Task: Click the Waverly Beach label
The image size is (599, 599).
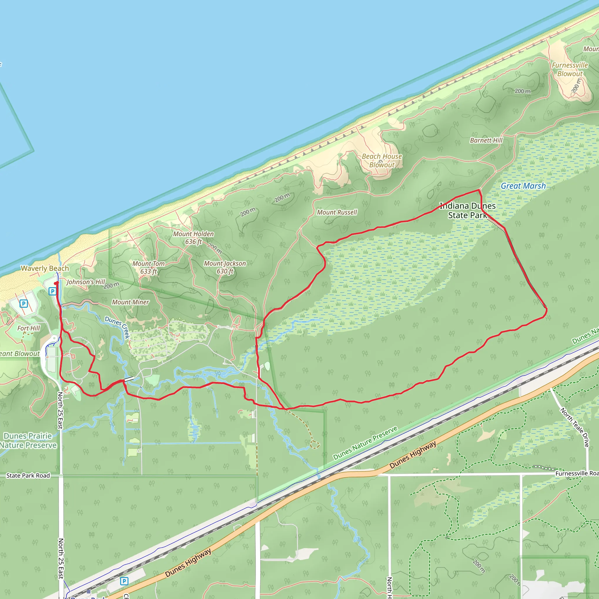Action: [45, 268]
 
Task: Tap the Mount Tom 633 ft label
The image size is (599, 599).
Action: [149, 267]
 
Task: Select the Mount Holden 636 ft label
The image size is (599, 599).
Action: [193, 238]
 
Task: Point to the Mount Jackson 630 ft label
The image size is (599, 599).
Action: [225, 267]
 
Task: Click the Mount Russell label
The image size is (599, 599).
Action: [337, 212]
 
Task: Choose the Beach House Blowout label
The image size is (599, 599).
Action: [382, 161]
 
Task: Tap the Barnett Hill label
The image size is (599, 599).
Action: [486, 140]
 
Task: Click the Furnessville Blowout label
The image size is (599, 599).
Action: [570, 69]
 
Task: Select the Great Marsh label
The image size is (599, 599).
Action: [523, 186]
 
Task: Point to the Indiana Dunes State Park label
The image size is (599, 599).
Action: [468, 211]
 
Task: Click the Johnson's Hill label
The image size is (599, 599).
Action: [86, 282]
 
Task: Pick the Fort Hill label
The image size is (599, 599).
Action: [29, 328]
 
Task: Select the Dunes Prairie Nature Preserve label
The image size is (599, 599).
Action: [28, 440]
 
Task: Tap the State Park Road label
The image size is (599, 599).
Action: [28, 476]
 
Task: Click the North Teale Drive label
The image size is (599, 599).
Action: [574, 427]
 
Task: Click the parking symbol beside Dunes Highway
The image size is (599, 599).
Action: [124, 581]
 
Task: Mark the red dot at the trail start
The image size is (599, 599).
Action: [56, 283]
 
